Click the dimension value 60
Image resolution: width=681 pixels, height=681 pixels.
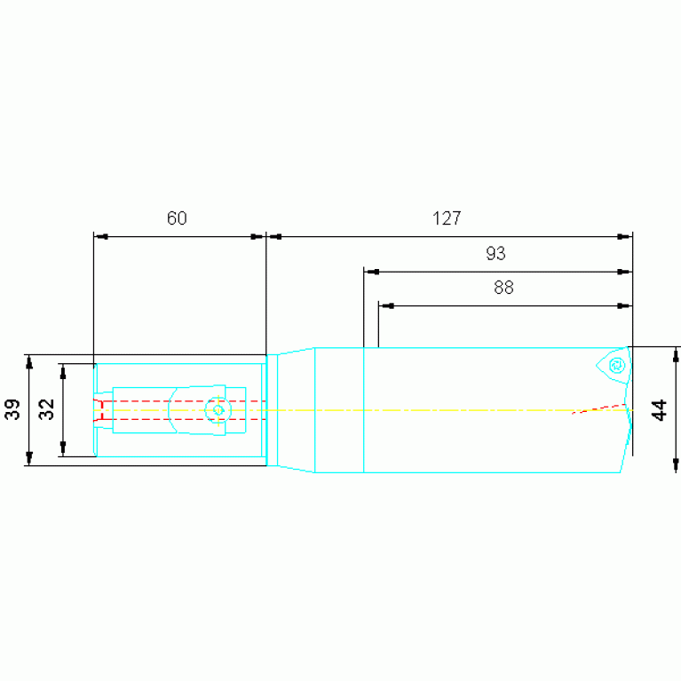tap(177, 218)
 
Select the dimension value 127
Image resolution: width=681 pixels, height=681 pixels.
tap(447, 218)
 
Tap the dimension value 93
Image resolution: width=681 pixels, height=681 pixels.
tap(495, 253)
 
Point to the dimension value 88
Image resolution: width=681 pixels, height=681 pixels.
tap(503, 288)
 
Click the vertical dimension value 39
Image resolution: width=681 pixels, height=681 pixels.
tap(12, 409)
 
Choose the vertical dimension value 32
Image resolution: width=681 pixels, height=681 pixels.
tap(46, 409)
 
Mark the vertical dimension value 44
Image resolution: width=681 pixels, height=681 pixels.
tap(660, 410)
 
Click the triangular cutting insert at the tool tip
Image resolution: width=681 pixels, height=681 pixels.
tap(614, 366)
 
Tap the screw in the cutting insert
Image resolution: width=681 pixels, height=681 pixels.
tap(617, 365)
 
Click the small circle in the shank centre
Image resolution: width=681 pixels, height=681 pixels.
tap(218, 410)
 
